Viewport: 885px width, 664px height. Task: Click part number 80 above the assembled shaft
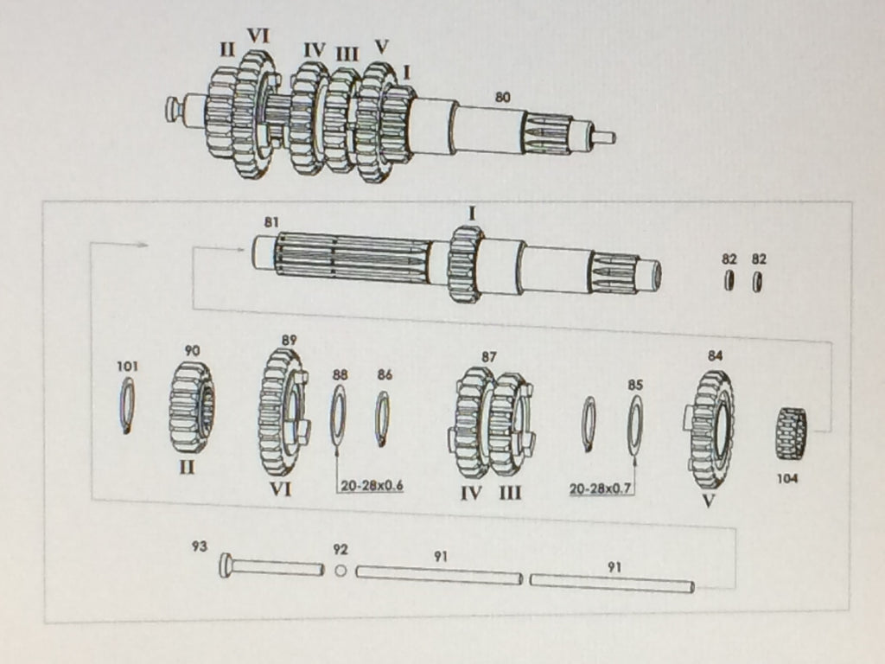point(502,97)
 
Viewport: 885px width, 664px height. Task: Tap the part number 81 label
point(271,222)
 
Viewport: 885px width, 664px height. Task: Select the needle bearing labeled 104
point(792,433)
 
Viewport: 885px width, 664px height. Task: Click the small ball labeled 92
point(341,571)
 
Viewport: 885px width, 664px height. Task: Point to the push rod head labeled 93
point(226,565)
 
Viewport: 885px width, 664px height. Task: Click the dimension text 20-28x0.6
point(372,486)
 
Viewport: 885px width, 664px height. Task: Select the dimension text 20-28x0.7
point(600,488)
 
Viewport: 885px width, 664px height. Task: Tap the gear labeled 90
point(191,406)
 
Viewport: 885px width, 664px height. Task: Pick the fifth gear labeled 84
point(710,429)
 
